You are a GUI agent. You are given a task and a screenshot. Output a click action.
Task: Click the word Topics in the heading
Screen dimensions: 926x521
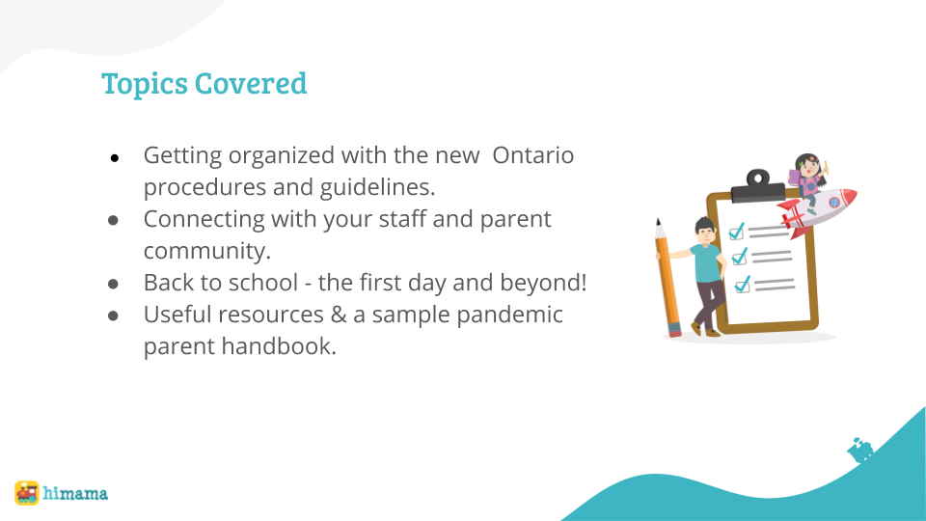[x=144, y=85]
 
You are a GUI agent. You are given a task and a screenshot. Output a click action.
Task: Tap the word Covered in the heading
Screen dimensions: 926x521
[x=251, y=83]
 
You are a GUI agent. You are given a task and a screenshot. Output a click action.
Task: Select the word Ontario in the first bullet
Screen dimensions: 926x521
[x=532, y=155]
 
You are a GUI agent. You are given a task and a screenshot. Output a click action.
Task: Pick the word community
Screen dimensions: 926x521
[x=206, y=251]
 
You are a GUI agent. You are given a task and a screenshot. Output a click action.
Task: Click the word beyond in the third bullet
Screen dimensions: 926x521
[x=543, y=283]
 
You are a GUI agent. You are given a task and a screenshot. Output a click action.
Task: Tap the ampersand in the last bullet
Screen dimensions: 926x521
[x=339, y=315]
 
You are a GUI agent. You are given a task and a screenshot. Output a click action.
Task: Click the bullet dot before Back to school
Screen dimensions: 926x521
[x=114, y=284]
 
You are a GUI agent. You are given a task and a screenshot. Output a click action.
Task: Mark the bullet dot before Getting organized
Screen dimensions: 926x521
[x=114, y=157]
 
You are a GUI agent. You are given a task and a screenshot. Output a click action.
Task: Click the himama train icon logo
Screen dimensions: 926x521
[x=27, y=493]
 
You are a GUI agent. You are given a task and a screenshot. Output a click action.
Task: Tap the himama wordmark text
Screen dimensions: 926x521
[x=75, y=493]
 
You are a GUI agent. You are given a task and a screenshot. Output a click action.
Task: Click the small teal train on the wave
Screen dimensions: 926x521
[x=859, y=451]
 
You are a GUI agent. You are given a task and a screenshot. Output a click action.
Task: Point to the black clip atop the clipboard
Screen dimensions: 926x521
[x=758, y=186]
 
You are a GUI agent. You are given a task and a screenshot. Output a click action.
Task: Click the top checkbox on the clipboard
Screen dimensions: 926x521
[x=736, y=232]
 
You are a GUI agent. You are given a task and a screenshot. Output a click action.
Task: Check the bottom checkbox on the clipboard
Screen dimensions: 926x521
[x=743, y=285]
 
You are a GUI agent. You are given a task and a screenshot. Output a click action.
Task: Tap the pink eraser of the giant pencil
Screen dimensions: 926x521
[x=674, y=330]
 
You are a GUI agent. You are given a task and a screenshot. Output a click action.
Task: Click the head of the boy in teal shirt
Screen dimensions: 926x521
[x=705, y=231]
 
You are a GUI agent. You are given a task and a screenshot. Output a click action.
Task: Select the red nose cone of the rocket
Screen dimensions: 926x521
[x=848, y=196]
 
